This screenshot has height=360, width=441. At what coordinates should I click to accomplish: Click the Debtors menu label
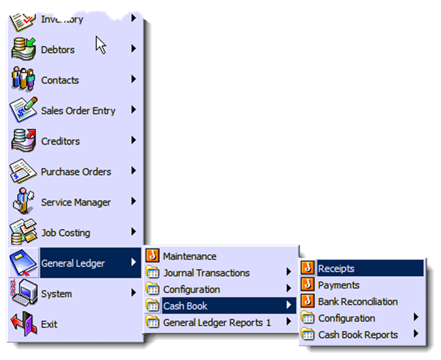[58, 50]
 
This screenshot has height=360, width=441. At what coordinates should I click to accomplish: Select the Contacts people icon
[24, 79]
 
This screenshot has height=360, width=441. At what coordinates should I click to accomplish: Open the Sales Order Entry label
[78, 111]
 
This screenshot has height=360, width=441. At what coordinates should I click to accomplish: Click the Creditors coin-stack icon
[24, 140]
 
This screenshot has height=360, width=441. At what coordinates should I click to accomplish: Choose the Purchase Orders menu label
[76, 171]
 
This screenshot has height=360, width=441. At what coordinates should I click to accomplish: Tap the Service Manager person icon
[23, 201]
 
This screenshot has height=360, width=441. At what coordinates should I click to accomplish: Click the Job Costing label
[66, 233]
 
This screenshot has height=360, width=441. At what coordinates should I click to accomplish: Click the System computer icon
[24, 293]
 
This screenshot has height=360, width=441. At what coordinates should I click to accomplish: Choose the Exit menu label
[49, 324]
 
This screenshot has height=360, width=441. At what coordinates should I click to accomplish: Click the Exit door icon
[24, 323]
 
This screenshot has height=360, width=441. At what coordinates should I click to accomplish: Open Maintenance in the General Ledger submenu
[190, 256]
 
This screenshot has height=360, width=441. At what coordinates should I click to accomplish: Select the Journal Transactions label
[207, 273]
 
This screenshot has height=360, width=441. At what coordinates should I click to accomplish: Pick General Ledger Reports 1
[217, 323]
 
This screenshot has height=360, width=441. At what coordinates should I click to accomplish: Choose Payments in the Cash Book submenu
[339, 285]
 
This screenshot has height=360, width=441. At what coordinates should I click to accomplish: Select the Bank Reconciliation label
[358, 302]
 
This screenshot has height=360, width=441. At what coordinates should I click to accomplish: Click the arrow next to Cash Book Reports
[416, 334]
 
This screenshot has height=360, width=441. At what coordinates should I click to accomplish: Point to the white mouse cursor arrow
[100, 45]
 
